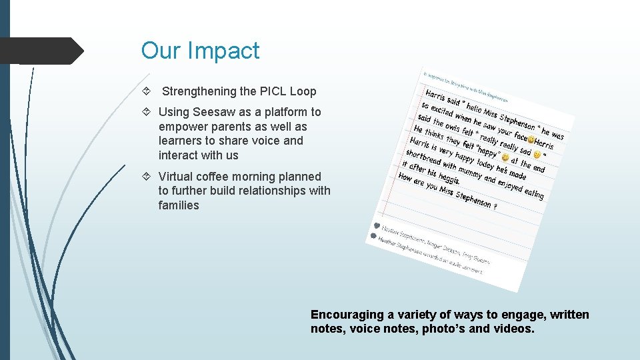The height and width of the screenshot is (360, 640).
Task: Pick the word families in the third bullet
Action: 179,205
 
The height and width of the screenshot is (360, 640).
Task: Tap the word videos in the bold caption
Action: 511,329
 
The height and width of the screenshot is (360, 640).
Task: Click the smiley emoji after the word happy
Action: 505,157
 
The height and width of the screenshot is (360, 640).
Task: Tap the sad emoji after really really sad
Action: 537,155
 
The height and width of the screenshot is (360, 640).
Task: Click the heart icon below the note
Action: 377,225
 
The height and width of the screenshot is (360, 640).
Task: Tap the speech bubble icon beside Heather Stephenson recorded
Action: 373,236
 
